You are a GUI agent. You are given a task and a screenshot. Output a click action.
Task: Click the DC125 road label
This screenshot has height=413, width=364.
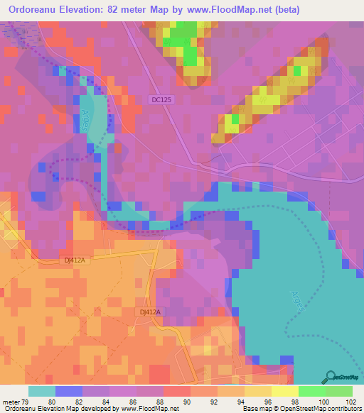(x=161, y=100)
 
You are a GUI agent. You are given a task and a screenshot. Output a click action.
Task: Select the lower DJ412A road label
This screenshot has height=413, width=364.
(x=149, y=312)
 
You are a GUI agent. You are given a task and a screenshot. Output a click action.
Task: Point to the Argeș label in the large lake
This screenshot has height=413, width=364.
(x=297, y=301)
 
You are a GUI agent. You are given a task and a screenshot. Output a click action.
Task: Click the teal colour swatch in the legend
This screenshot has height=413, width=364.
(x=42, y=391)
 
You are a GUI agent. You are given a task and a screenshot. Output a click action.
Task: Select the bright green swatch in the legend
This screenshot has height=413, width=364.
(x=312, y=391)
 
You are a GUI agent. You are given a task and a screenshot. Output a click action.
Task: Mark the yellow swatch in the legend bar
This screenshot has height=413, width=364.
(x=285, y=391)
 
